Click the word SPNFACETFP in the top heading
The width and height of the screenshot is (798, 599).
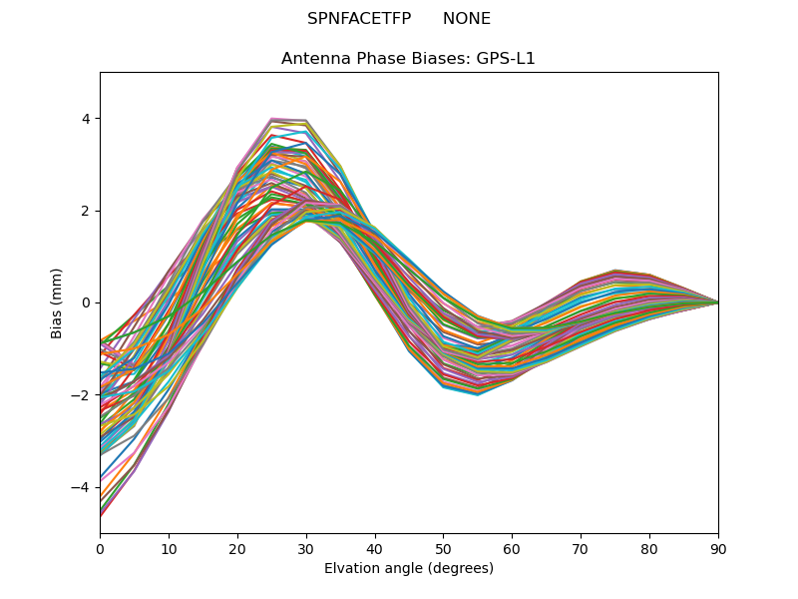click(359, 19)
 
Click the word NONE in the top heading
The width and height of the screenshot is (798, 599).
click(467, 19)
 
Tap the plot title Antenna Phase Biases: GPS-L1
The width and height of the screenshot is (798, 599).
click(408, 59)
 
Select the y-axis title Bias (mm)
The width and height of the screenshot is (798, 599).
click(57, 302)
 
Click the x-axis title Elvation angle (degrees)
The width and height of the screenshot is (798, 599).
click(408, 568)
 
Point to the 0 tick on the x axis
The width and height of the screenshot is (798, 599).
click(100, 548)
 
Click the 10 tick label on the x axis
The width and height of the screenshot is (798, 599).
click(169, 548)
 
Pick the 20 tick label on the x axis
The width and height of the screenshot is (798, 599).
click(237, 548)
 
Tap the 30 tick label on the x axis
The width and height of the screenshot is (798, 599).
click(306, 548)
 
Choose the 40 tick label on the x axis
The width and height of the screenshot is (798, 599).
click(375, 548)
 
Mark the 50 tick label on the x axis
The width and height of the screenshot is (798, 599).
click(443, 548)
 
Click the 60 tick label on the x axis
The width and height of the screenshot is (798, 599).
click(512, 548)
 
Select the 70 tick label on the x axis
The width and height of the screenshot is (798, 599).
click(581, 548)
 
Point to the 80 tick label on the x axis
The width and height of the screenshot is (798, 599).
click(649, 548)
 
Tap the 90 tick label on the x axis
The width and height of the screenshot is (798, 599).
click(718, 548)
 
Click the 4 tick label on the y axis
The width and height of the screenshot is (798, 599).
click(85, 119)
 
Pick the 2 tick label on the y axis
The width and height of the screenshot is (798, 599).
click(85, 211)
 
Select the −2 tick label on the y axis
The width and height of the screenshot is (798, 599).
click(81, 395)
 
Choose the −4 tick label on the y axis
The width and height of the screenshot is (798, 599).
click(81, 487)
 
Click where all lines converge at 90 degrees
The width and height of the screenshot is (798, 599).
click(717, 302)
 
